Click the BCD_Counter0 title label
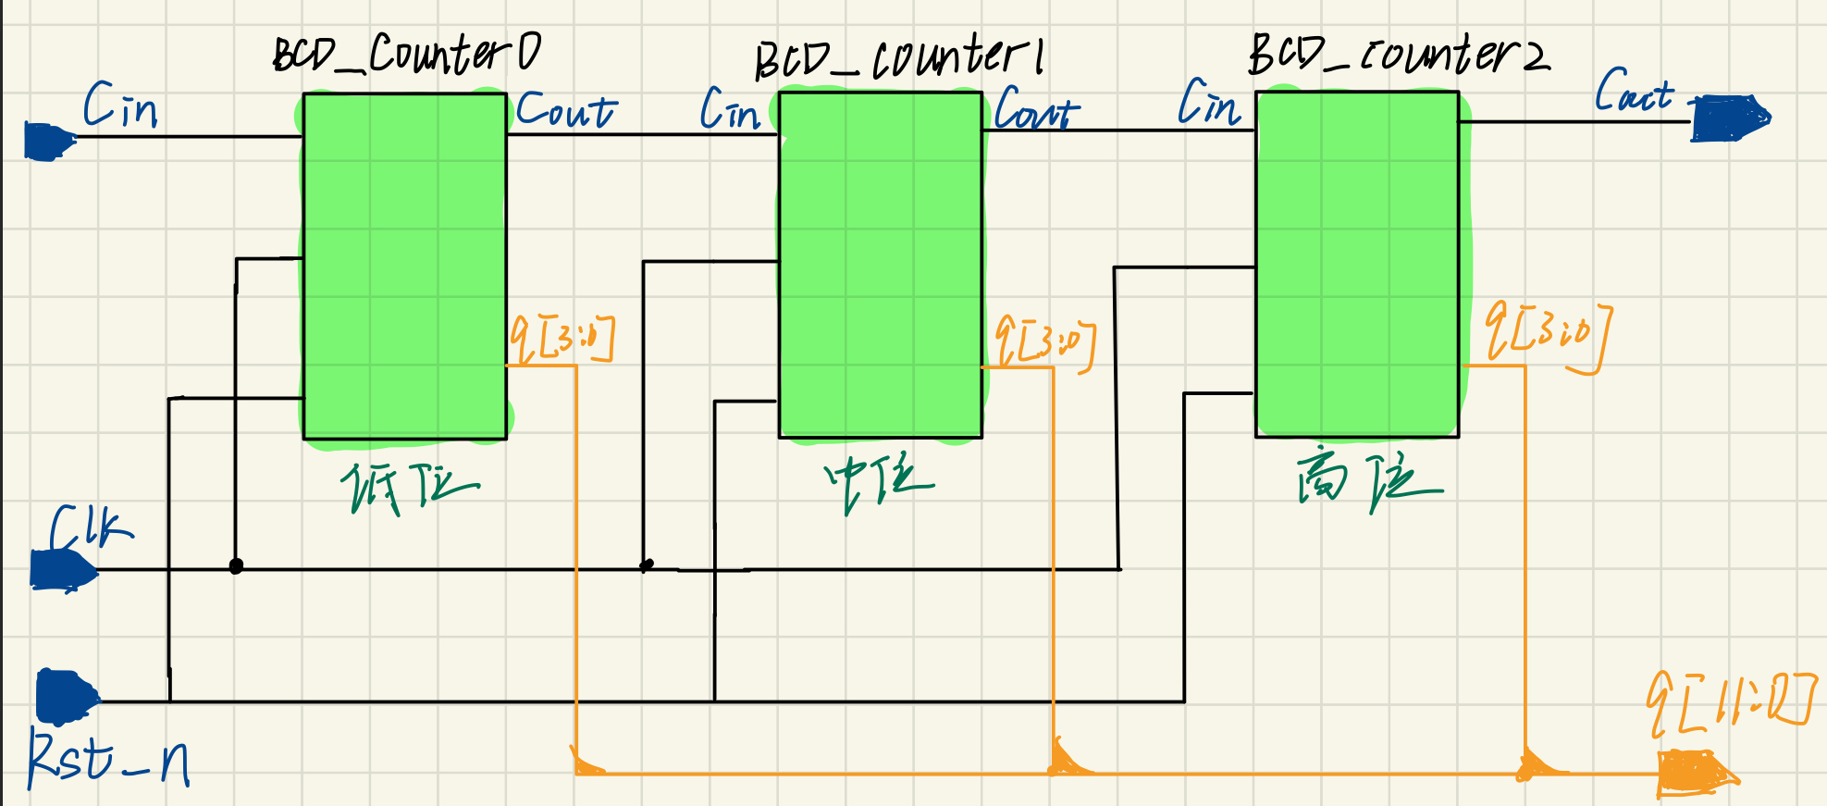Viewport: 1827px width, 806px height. click(407, 54)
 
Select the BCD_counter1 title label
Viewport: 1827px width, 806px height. click(899, 57)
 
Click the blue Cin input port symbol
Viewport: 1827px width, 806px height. click(48, 142)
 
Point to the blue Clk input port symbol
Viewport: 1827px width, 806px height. click(62, 569)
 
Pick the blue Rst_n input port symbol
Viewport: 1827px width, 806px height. click(65, 697)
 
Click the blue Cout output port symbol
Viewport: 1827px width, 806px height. click(1729, 118)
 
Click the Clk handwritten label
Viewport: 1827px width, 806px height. click(90, 528)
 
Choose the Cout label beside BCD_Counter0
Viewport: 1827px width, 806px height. click(565, 110)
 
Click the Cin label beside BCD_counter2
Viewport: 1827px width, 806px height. click(1209, 103)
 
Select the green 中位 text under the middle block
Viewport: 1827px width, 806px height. click(878, 482)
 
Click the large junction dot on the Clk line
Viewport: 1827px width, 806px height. click(236, 566)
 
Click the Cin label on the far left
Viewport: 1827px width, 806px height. click(120, 105)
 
